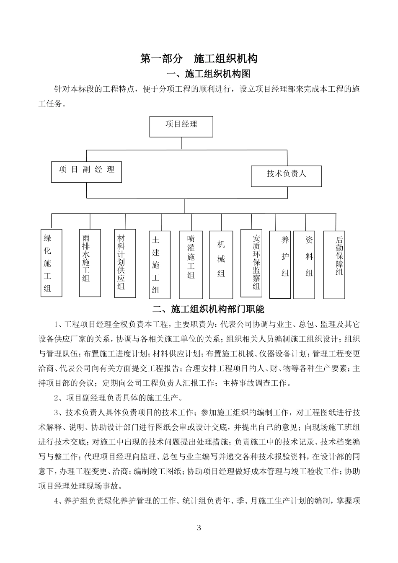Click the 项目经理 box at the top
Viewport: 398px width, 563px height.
(181, 127)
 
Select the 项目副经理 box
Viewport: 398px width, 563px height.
(86, 172)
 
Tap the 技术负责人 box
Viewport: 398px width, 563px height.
(287, 176)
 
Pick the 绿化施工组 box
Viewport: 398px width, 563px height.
(52, 263)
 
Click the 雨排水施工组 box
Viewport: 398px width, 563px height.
(90, 263)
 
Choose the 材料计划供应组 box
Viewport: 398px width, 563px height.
(125, 263)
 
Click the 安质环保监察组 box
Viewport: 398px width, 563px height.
(251, 263)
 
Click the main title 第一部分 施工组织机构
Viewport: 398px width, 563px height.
(199, 59)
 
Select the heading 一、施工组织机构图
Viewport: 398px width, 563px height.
(208, 74)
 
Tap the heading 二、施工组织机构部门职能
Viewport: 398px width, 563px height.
(208, 310)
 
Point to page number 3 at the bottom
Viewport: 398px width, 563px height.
(199, 527)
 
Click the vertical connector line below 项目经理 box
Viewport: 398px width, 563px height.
(181, 143)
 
